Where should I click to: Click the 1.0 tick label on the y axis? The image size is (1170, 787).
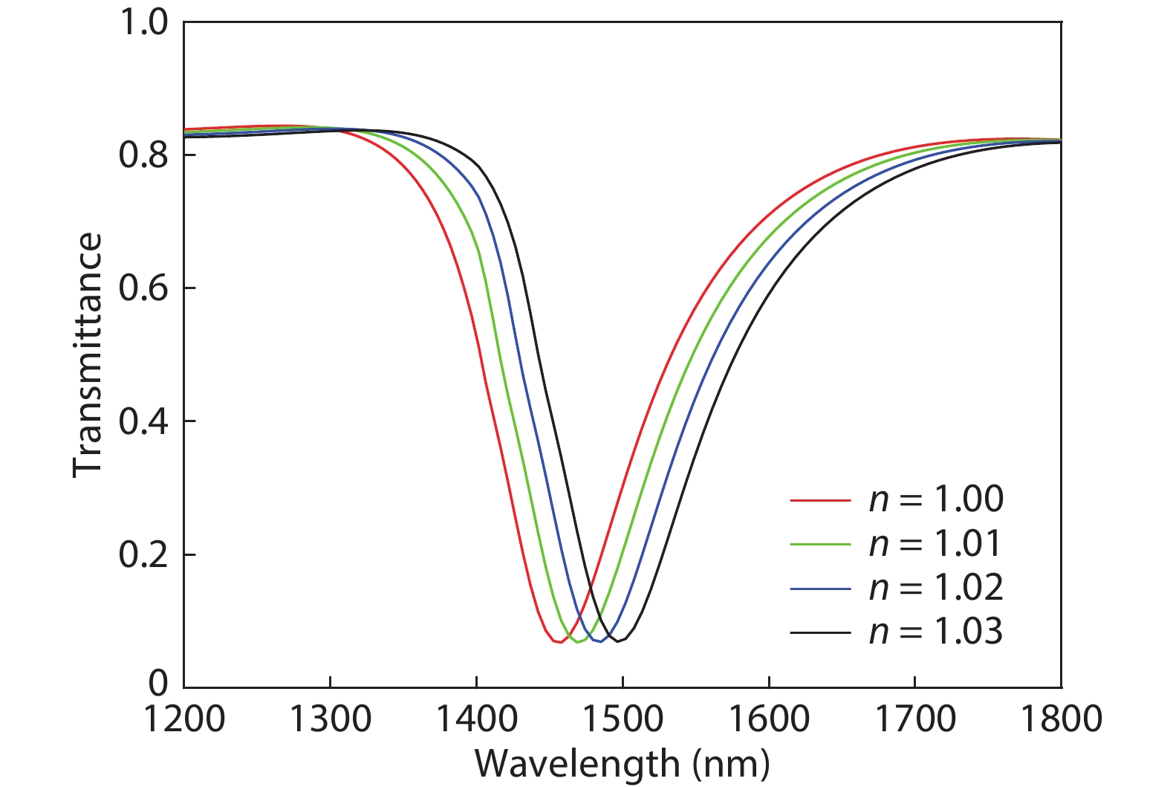(143, 22)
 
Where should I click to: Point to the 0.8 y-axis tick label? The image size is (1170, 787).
(143, 155)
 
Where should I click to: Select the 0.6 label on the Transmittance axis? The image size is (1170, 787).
(143, 288)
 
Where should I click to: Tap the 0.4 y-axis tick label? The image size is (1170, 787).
(143, 421)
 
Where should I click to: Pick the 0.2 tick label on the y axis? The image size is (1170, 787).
(143, 554)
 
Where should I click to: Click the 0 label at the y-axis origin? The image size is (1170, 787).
(158, 682)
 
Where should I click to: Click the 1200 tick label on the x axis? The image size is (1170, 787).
(184, 719)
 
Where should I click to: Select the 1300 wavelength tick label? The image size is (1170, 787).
(330, 719)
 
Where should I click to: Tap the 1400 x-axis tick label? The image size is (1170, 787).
(476, 719)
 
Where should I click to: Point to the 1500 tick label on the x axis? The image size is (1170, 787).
(623, 719)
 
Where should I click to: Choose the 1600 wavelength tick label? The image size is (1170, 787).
(769, 719)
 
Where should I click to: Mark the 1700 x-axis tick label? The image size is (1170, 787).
(915, 719)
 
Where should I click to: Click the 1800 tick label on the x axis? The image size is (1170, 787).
(1062, 719)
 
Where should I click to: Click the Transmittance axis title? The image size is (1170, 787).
(87, 354)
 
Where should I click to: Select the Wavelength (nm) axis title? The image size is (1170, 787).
(622, 765)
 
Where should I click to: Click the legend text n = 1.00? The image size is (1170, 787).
(936, 499)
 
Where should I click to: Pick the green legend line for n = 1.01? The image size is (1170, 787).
(821, 545)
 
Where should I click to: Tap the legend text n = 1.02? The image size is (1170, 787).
(936, 589)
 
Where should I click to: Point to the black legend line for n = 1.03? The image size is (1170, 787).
(821, 633)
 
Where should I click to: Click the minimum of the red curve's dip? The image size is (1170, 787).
(560, 642)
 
